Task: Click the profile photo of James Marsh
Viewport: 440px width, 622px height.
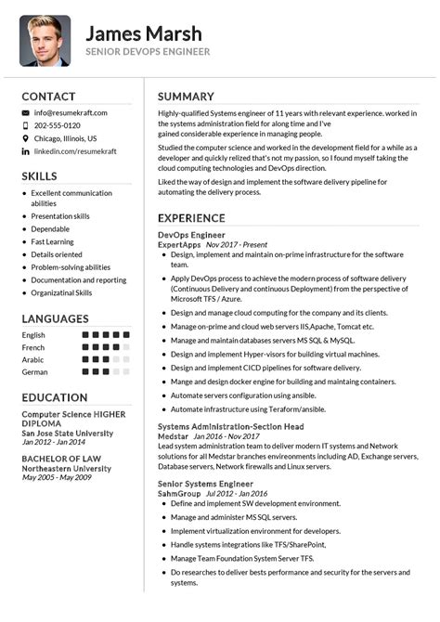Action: tap(45, 41)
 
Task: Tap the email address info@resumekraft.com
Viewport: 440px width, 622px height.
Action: tap(71, 112)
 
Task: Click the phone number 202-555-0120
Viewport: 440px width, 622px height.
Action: tap(58, 125)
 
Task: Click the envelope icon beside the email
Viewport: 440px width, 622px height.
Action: tap(25, 112)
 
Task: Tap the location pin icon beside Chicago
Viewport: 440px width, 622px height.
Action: tap(25, 137)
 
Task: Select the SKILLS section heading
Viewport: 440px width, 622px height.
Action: tap(39, 175)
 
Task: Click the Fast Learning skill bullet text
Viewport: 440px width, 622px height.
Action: tap(52, 241)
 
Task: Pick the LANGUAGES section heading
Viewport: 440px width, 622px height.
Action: tap(55, 318)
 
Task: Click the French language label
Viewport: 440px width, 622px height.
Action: tap(33, 347)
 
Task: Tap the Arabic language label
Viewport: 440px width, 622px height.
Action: tap(33, 359)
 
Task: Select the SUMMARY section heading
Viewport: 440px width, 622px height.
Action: tap(186, 97)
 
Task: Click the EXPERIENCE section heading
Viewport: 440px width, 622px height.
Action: tap(191, 218)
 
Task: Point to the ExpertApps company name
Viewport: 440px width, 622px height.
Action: tap(180, 244)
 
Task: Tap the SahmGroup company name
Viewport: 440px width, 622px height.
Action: tap(179, 493)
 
